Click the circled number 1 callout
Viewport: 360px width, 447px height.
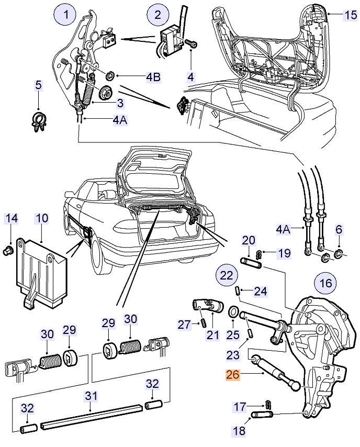tap(66, 15)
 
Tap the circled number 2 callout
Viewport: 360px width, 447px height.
tap(158, 15)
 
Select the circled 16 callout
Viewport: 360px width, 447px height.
tap(326, 283)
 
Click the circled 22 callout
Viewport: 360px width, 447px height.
tap(227, 276)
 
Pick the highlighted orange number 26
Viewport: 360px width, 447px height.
tap(233, 375)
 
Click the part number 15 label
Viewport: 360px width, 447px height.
tap(351, 15)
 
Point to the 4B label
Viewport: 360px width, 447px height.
tap(153, 77)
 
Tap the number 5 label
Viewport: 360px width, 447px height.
tap(38, 85)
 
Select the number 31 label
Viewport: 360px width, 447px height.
tap(91, 396)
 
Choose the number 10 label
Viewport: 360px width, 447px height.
tap(42, 218)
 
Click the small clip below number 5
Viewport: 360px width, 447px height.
tap(39, 122)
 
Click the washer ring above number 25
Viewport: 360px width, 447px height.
tap(233, 311)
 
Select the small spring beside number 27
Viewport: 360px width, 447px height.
tap(203, 323)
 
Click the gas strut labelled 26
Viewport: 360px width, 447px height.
tap(275, 372)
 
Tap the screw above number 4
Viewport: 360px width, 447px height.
tap(191, 43)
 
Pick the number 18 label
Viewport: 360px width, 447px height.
tap(240, 430)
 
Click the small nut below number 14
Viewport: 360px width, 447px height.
tap(7, 251)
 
